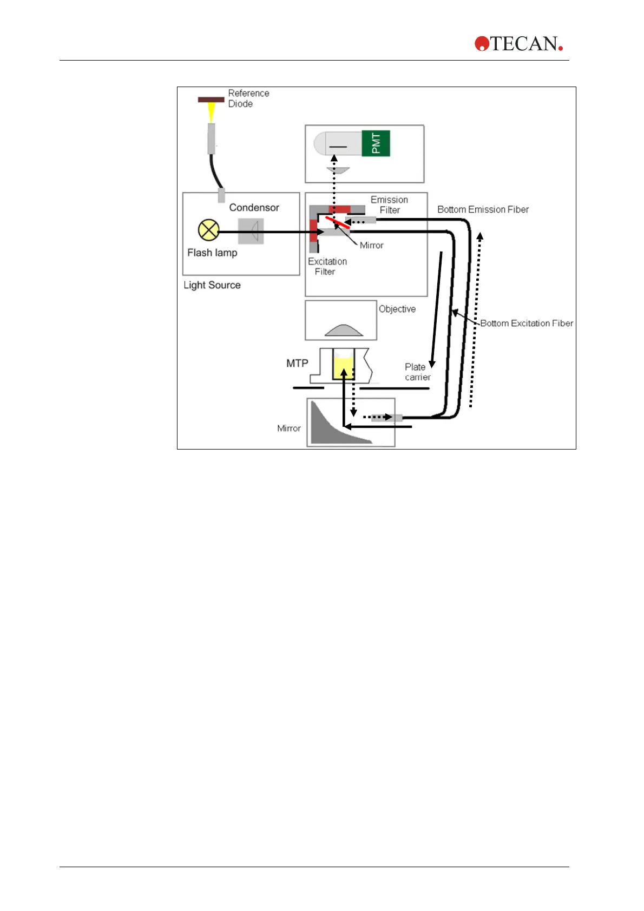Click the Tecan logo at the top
point(518,44)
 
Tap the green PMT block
point(376,143)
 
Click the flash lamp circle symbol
point(208,230)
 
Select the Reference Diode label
point(248,98)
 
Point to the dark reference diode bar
point(211,100)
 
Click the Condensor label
point(254,208)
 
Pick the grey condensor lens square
point(251,231)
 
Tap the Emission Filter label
point(389,205)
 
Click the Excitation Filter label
point(327,267)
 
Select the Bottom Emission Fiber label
point(483,210)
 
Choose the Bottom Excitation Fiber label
point(527,324)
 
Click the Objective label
point(397,309)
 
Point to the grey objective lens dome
point(344,331)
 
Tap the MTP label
point(297,364)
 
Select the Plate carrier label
point(417,372)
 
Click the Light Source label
point(212,285)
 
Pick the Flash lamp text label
point(212,253)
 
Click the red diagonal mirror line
point(337,222)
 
